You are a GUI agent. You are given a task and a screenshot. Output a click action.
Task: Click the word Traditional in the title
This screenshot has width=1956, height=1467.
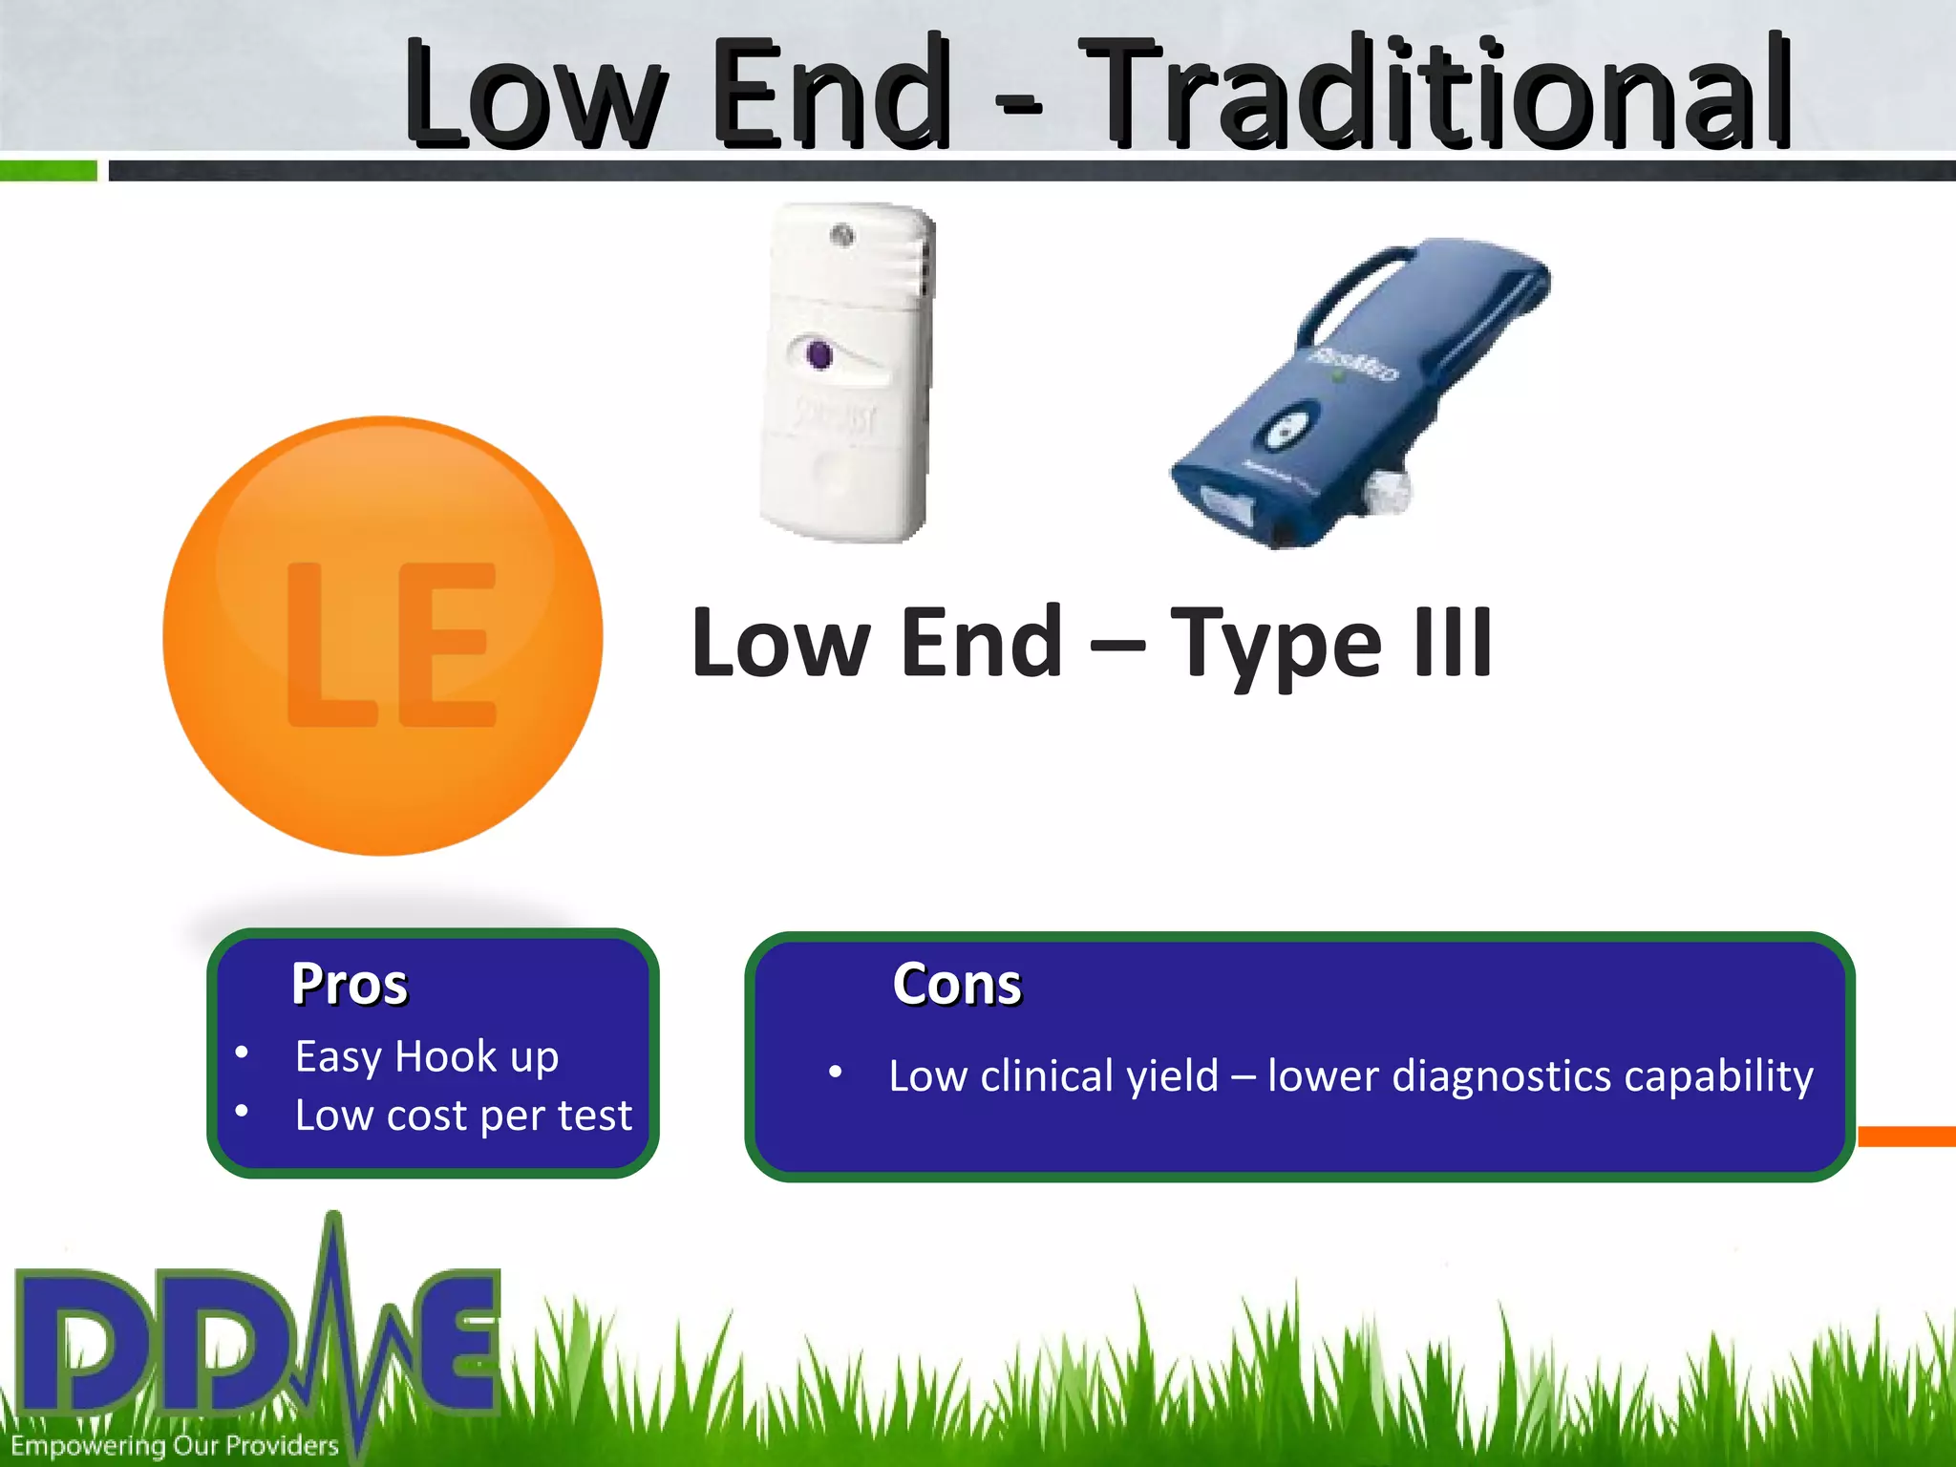(1437, 94)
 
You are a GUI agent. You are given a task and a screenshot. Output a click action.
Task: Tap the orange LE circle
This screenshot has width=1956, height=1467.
(383, 636)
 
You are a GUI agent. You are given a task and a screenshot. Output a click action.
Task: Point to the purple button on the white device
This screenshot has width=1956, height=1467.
(819, 355)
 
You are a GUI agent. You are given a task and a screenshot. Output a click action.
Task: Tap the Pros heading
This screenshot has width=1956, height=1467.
(350, 984)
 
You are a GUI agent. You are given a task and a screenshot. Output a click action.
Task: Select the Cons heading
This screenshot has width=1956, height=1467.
(957, 984)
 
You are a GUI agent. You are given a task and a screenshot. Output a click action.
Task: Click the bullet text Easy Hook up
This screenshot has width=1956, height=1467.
(427, 1056)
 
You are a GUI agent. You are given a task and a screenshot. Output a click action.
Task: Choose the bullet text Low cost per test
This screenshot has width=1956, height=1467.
(463, 1115)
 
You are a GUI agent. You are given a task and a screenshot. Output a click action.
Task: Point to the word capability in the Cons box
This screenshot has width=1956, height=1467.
(1718, 1076)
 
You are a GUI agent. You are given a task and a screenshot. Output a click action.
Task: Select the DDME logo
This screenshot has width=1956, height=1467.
(258, 1337)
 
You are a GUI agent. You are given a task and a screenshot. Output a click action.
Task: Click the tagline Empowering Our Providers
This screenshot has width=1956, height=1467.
(175, 1446)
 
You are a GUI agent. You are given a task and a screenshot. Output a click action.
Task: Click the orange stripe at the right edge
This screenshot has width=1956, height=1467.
(1906, 1137)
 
